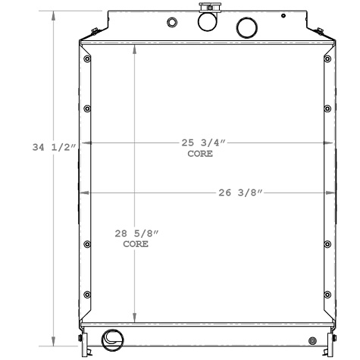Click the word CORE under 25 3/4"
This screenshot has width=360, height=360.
(x=200, y=154)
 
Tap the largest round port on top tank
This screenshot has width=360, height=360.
(x=247, y=28)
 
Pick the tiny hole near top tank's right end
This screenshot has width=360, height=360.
(x=283, y=15)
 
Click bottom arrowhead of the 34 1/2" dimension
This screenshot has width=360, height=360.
(x=53, y=341)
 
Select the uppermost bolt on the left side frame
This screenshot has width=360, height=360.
(x=88, y=59)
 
